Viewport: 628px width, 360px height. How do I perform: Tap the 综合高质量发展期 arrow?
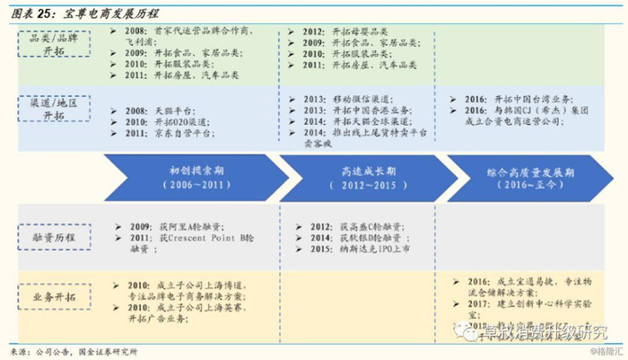526,176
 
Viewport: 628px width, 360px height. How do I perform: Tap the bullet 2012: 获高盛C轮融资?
345,227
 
